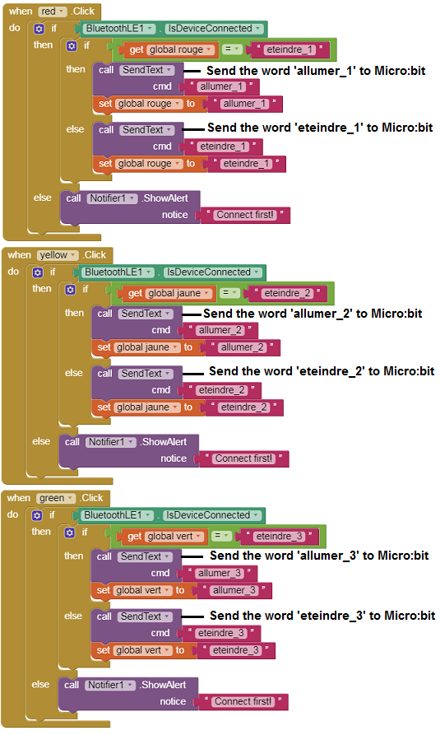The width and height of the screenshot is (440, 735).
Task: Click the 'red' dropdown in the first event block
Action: [53, 12]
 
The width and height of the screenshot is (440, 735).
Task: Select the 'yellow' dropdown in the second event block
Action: [58, 255]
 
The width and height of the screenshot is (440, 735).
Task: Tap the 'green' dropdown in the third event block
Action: [55, 498]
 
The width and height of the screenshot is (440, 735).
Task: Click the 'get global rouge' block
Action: [168, 49]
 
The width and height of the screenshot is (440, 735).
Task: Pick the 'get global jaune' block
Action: [167, 294]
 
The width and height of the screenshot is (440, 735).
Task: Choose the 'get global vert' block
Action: [164, 537]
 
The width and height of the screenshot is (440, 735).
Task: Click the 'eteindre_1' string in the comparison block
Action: [290, 49]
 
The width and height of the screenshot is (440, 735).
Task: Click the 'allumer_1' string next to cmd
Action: [221, 86]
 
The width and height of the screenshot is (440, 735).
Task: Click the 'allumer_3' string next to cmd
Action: [220, 574]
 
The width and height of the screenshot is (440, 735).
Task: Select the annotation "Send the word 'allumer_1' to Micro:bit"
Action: [316, 71]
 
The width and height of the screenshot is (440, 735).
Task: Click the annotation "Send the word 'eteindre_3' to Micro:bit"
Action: [322, 616]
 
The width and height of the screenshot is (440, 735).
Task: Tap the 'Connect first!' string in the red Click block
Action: [245, 215]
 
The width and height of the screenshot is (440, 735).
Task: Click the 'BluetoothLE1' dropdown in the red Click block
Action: [120, 29]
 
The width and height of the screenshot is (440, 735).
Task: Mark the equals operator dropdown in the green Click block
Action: [221, 536]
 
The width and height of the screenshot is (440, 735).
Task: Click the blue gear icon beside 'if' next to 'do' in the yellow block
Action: [38, 272]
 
